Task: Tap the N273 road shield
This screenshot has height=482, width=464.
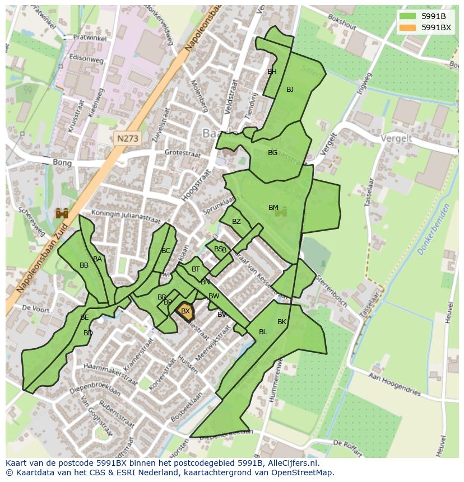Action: click(x=128, y=137)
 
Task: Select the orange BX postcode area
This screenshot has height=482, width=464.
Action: click(x=185, y=311)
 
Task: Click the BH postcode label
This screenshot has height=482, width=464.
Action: click(x=272, y=72)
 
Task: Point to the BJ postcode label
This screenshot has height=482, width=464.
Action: click(x=290, y=90)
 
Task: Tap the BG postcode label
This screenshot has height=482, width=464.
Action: click(x=272, y=153)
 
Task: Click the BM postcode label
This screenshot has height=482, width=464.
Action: click(x=273, y=208)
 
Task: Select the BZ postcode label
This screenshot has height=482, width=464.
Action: click(x=236, y=222)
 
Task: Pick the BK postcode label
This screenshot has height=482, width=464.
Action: click(x=281, y=322)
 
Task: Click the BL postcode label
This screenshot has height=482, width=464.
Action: click(x=263, y=332)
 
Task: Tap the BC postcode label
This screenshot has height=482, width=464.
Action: click(x=166, y=251)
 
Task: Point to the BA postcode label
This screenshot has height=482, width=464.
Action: click(x=98, y=259)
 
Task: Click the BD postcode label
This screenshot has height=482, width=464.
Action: click(x=88, y=333)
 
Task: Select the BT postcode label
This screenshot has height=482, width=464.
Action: click(x=196, y=269)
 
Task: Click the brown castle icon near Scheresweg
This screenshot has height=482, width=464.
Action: click(x=62, y=213)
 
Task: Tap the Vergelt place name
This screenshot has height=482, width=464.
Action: click(x=396, y=138)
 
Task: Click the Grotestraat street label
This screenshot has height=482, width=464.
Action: click(x=182, y=152)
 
